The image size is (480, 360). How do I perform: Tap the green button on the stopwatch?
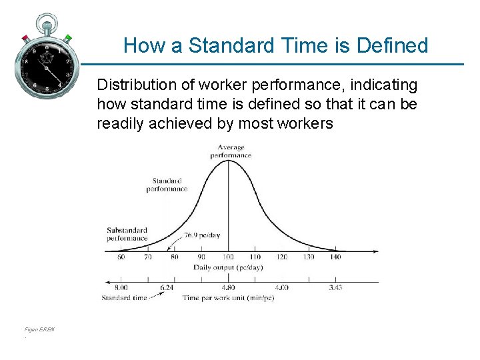[x=68, y=38]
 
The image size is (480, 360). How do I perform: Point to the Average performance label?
[x=231, y=151]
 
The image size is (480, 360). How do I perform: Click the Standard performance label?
[x=167, y=185]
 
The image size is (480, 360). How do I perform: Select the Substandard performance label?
[x=127, y=234]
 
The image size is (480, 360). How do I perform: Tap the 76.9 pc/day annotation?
[x=204, y=235]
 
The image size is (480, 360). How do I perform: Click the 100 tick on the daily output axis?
[x=229, y=257]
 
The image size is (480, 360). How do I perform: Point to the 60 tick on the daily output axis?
[x=121, y=257]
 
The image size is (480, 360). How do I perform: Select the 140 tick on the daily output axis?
[x=335, y=257]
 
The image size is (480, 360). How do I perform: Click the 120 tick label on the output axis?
[x=281, y=257]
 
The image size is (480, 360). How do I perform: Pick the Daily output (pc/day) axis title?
[x=228, y=267]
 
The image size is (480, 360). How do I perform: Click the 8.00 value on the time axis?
[x=121, y=287]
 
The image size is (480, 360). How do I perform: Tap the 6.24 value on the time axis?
[x=167, y=287]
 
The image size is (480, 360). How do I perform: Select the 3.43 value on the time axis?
[x=335, y=287]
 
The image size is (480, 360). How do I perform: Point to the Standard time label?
[x=124, y=297]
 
